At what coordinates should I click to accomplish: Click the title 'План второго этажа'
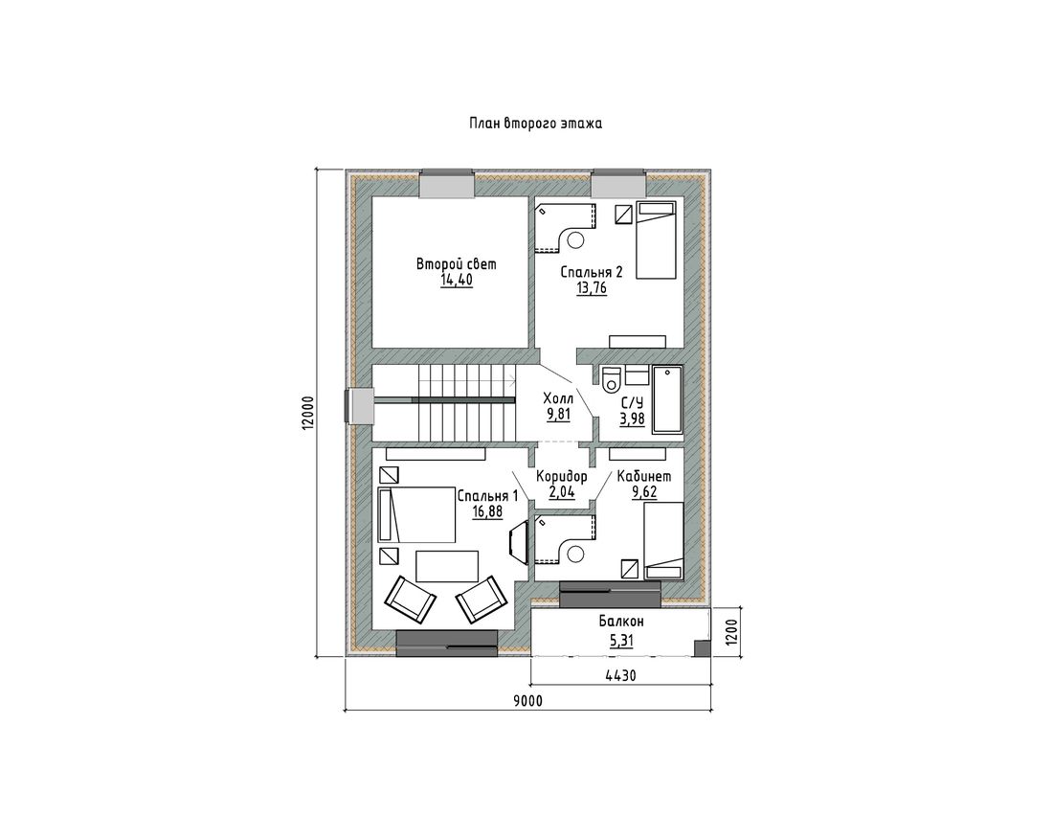coord(534,124)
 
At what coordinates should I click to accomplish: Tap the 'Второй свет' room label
coord(456,263)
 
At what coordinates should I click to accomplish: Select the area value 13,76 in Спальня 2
coord(592,288)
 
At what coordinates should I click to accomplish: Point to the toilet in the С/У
coord(612,380)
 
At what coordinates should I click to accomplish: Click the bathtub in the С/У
coord(667,399)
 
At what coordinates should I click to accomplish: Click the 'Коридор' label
coord(561,476)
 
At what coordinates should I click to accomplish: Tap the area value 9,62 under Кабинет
coord(644,492)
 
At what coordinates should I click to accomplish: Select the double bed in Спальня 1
coord(416,514)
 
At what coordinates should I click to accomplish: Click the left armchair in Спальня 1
coord(411,600)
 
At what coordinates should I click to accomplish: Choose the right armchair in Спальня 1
coord(481,598)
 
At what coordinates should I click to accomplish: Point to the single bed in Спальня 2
coord(656,240)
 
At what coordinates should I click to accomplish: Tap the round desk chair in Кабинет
coord(575,554)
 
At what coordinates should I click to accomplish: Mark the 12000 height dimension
coord(307,412)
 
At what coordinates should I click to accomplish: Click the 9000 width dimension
coord(527,701)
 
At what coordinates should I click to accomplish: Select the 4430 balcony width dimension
coord(620,675)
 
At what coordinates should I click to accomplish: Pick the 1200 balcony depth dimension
coord(731,632)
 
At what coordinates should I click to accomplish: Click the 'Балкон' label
coord(621,622)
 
